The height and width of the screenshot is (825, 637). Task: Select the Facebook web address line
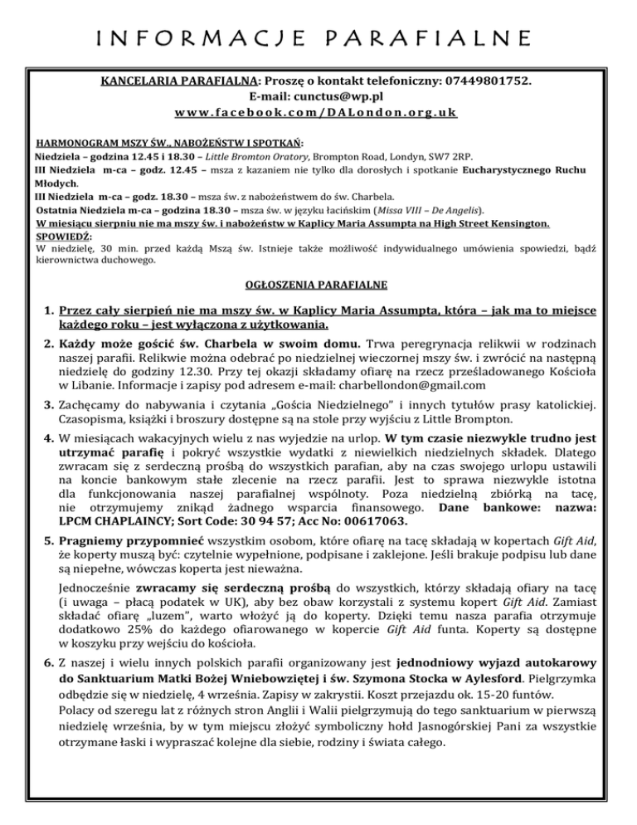coord(318,111)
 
